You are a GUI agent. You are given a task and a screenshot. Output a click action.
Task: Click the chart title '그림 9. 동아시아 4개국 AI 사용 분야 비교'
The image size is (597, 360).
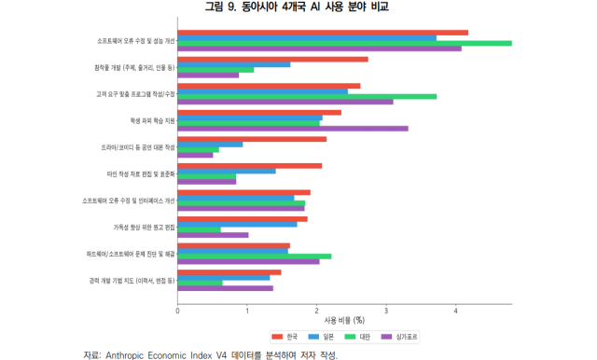[297, 8]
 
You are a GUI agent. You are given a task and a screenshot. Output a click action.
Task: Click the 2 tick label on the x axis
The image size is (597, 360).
[317, 310]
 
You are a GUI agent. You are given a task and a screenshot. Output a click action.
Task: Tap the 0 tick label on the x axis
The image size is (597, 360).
[177, 310]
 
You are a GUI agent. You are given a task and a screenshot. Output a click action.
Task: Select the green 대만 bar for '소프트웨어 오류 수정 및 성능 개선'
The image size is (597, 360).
[344, 43]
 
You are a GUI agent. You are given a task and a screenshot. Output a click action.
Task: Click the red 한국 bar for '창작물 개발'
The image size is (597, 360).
[272, 59]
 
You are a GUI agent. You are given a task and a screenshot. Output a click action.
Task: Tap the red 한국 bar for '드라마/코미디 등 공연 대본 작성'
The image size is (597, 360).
[252, 139]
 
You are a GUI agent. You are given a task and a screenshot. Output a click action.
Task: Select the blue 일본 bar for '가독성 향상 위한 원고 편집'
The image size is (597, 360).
[237, 224]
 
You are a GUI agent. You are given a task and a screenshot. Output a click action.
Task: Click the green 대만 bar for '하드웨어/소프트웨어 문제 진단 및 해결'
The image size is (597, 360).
[254, 256]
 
